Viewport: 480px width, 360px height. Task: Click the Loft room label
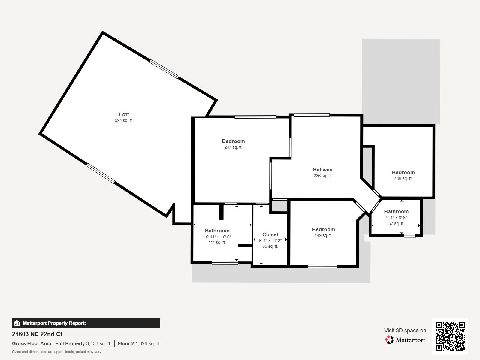(124, 114)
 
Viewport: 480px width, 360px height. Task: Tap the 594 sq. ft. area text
(124, 120)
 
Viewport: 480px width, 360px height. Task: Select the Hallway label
(322, 170)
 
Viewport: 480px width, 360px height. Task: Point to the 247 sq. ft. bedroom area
(233, 147)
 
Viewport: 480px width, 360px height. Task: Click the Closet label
(270, 234)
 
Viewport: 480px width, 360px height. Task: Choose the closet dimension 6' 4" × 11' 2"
(270, 241)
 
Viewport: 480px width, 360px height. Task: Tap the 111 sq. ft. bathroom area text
(217, 242)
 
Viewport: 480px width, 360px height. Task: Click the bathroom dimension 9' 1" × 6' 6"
(396, 218)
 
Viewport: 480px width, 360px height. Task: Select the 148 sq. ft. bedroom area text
(403, 178)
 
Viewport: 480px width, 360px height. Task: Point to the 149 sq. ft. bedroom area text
(323, 236)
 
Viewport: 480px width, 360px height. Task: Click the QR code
(450, 336)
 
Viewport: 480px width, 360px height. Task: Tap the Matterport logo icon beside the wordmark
(389, 340)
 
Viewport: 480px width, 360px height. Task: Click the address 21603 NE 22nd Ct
(37, 334)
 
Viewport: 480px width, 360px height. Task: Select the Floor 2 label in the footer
(126, 343)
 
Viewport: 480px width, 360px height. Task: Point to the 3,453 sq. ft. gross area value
(99, 343)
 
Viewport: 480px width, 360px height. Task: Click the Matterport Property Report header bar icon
(17, 323)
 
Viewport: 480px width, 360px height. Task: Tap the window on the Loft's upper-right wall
(164, 69)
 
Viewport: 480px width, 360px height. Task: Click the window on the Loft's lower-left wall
(100, 173)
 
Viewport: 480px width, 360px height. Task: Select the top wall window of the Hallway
(312, 115)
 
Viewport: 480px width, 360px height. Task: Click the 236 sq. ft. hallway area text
(322, 176)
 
